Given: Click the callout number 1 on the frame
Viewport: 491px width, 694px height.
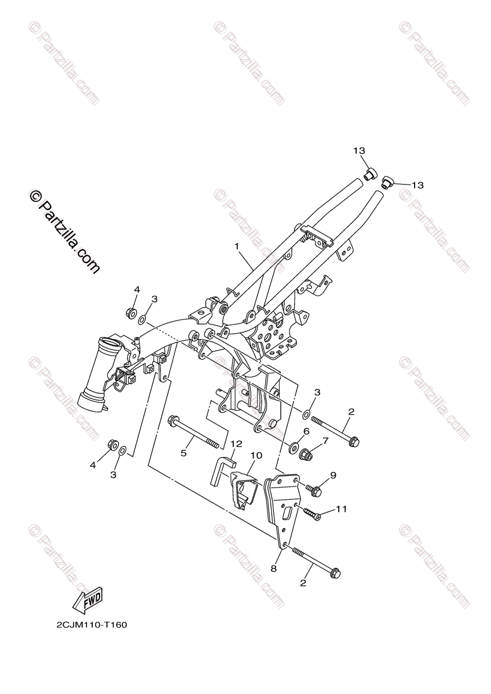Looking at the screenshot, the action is pyautogui.click(x=237, y=246).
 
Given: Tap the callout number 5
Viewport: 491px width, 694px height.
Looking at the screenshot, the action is pyautogui.click(x=184, y=453).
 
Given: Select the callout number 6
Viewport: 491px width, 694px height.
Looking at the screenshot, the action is pyautogui.click(x=306, y=431).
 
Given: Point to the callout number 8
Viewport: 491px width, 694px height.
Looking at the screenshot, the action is pyautogui.click(x=274, y=569).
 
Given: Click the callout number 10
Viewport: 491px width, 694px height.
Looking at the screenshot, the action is pyautogui.click(x=256, y=456).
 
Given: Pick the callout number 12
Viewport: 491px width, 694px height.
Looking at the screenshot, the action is pyautogui.click(x=236, y=444).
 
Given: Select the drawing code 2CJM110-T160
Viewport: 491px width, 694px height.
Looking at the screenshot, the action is pyautogui.click(x=91, y=625).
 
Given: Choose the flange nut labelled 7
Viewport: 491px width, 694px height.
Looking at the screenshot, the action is pyautogui.click(x=307, y=455).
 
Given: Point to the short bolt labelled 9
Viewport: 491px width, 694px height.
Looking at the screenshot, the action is pyautogui.click(x=314, y=491).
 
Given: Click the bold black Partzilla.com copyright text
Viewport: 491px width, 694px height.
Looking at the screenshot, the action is pyautogui.click(x=64, y=232).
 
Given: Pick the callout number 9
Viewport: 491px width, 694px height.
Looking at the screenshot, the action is pyautogui.click(x=333, y=475).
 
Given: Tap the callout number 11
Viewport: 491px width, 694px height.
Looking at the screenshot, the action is pyautogui.click(x=341, y=509).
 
